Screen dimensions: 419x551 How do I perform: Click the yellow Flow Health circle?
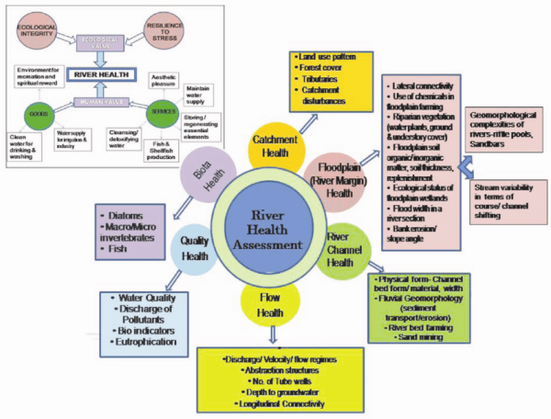tap(266, 308)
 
